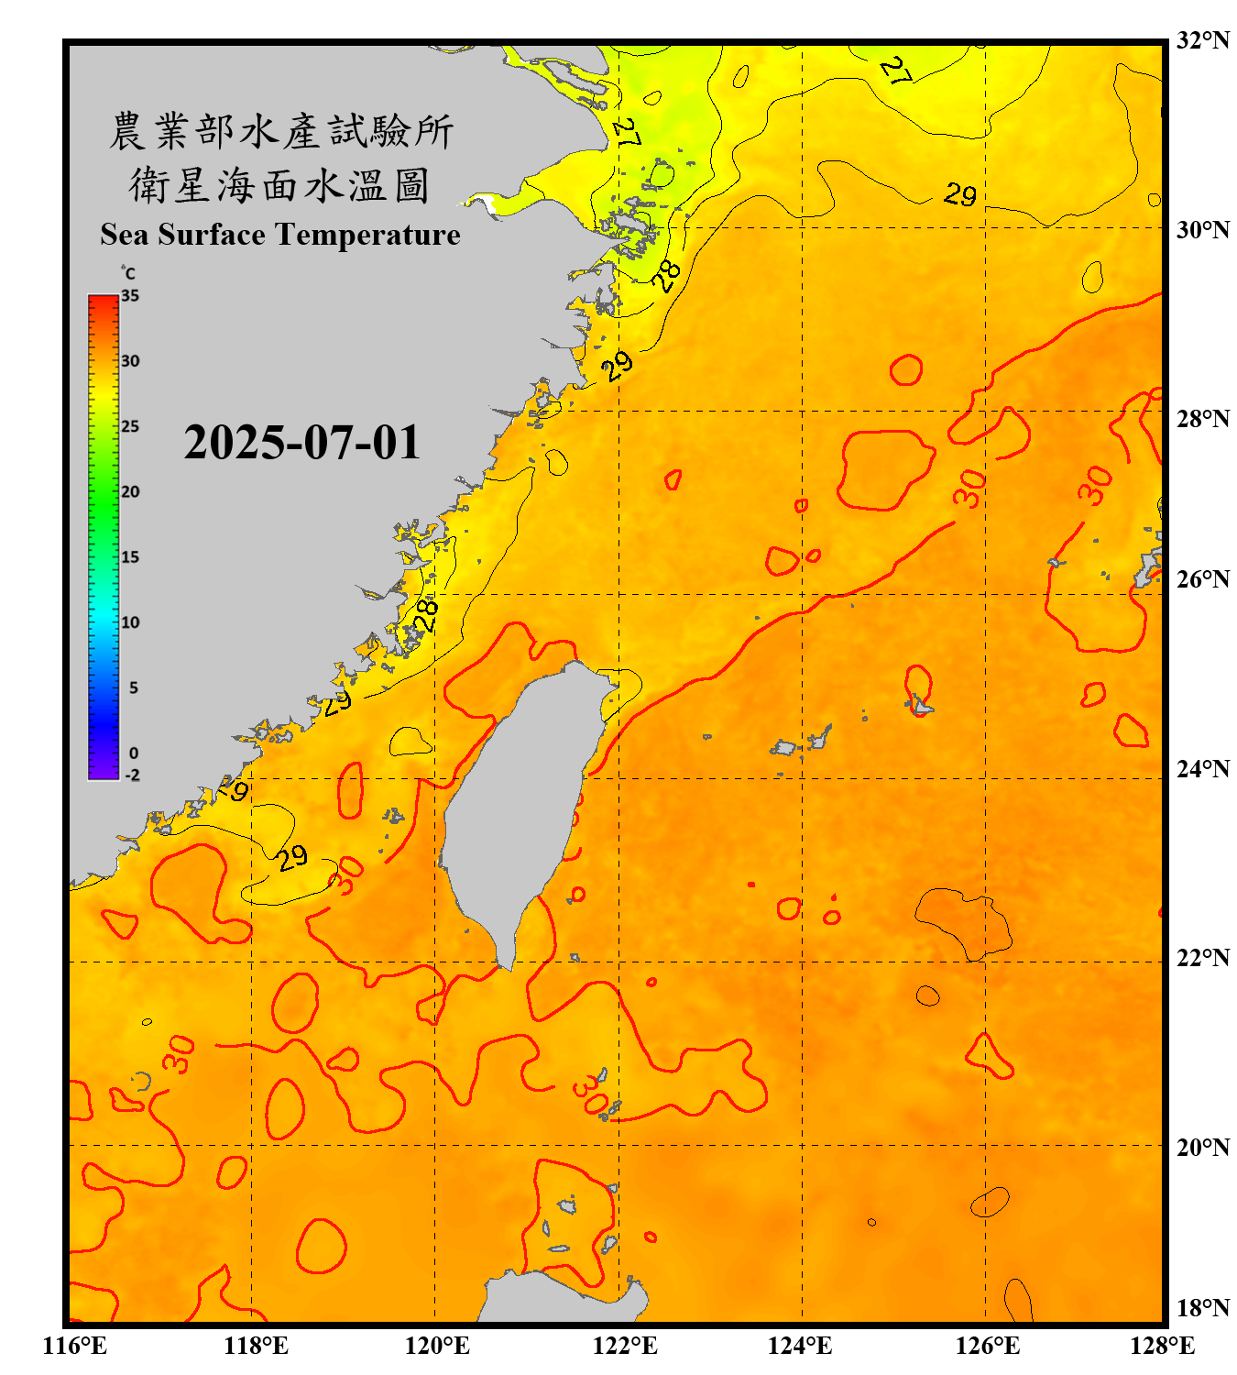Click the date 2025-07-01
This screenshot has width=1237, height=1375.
click(x=301, y=443)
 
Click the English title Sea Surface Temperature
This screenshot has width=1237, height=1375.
click(x=280, y=235)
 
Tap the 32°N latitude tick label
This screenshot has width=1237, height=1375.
click(x=1203, y=40)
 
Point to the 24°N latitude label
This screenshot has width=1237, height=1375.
click(x=1203, y=768)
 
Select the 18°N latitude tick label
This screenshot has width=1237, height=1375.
click(x=1203, y=1308)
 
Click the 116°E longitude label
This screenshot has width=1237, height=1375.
click(x=75, y=1346)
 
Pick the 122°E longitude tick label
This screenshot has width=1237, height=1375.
click(x=626, y=1346)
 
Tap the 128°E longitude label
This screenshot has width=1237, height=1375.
click(x=1163, y=1346)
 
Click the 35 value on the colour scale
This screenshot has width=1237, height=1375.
click(x=130, y=295)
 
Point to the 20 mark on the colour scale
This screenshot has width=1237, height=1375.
click(x=130, y=491)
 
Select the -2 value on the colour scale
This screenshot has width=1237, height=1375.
click(x=132, y=775)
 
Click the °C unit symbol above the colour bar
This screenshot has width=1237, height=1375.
click(x=128, y=273)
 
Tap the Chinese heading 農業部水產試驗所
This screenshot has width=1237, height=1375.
click(x=281, y=131)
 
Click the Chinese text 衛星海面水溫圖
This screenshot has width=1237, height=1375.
click(x=279, y=185)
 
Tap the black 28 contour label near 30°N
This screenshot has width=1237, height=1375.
click(x=667, y=274)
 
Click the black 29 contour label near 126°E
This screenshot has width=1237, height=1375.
click(x=960, y=194)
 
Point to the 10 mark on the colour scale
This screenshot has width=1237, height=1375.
click(x=130, y=622)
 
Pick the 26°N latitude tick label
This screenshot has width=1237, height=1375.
click(x=1203, y=579)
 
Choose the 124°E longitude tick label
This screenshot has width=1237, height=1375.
click(x=801, y=1346)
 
